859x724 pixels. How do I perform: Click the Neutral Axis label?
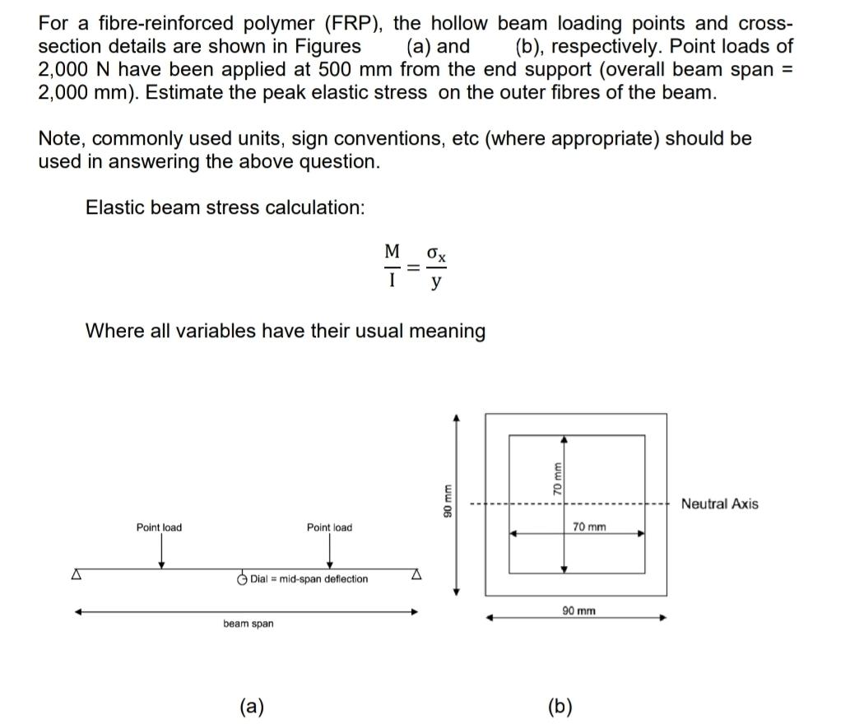pyautogui.click(x=719, y=504)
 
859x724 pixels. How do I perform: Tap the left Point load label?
pyautogui.click(x=160, y=527)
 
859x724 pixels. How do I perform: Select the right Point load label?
pyautogui.click(x=329, y=527)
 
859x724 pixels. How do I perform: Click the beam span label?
pyautogui.click(x=248, y=624)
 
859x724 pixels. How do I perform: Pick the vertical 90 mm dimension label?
pyautogui.click(x=448, y=503)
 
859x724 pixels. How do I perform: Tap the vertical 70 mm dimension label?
pyautogui.click(x=557, y=476)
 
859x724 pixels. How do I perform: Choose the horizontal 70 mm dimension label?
pyautogui.click(x=589, y=526)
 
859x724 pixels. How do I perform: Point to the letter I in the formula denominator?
pyautogui.click(x=392, y=281)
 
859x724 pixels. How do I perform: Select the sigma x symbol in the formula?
pyautogui.click(x=437, y=252)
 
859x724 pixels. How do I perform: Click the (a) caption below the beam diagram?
pyautogui.click(x=251, y=706)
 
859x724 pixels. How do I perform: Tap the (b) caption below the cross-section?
pyautogui.click(x=560, y=706)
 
